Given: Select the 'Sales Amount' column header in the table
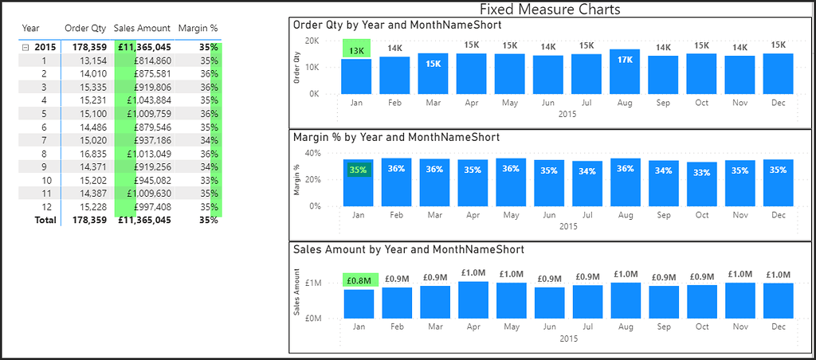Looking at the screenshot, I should pyautogui.click(x=142, y=27).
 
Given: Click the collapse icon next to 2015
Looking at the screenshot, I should pyautogui.click(x=25, y=47).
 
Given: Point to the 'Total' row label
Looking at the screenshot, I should pyautogui.click(x=45, y=221).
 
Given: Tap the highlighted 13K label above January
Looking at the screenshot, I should pyautogui.click(x=357, y=49).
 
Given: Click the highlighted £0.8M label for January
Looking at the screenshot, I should pyautogui.click(x=358, y=280).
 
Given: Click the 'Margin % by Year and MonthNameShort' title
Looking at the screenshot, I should pyautogui.click(x=396, y=137).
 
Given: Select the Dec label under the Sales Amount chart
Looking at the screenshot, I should pyautogui.click(x=778, y=327).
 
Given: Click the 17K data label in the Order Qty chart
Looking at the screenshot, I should pyautogui.click(x=624, y=60).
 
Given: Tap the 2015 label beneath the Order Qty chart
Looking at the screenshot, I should pyautogui.click(x=567, y=113).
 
